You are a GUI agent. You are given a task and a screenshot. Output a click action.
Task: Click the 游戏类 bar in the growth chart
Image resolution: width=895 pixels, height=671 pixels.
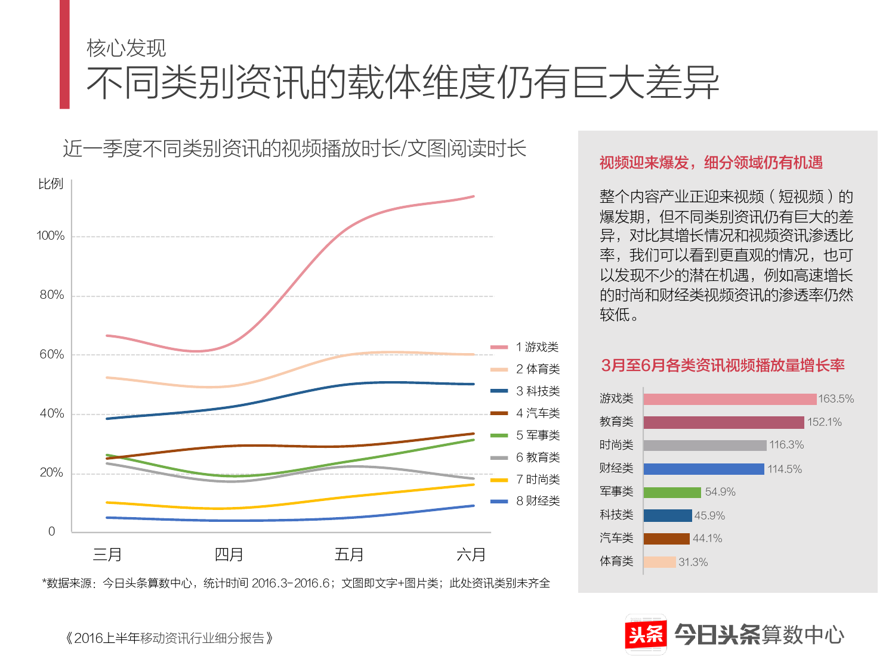click(x=730, y=399)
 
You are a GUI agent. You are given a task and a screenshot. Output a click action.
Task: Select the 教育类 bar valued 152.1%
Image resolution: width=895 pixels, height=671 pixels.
click(x=724, y=422)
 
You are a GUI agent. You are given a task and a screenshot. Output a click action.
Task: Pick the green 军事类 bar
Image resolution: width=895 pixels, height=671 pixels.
click(x=672, y=492)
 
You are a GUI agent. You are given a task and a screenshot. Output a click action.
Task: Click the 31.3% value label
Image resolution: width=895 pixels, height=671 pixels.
click(x=693, y=562)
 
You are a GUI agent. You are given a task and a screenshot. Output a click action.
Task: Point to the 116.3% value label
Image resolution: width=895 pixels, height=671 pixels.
click(x=786, y=445)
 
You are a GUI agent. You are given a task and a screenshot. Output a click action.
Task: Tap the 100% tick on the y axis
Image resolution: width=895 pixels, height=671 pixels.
click(x=51, y=236)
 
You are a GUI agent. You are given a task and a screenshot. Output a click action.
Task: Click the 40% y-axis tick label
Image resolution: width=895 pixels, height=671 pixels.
click(x=52, y=413)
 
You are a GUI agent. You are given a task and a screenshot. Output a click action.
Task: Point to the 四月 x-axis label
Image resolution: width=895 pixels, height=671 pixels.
click(x=229, y=555)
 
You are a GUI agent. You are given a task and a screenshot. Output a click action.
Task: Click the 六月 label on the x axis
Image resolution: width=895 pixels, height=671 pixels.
click(x=471, y=555)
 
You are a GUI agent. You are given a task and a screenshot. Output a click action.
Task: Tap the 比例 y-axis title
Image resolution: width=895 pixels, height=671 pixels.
click(x=51, y=184)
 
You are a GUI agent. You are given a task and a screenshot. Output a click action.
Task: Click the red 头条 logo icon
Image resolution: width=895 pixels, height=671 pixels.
click(x=646, y=634)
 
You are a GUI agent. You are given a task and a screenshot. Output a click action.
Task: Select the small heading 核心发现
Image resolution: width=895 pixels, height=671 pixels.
click(x=126, y=48)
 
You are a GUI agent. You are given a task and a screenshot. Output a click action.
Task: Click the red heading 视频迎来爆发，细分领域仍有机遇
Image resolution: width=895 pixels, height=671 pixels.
click(x=711, y=163)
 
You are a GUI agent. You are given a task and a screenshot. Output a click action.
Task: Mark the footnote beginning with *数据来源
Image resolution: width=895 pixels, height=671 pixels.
click(x=296, y=583)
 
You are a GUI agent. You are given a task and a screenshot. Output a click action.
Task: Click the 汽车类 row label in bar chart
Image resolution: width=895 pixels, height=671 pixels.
click(x=616, y=538)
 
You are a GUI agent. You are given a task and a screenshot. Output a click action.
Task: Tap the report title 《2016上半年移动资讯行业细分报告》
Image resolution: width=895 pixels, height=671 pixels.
click(x=169, y=638)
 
